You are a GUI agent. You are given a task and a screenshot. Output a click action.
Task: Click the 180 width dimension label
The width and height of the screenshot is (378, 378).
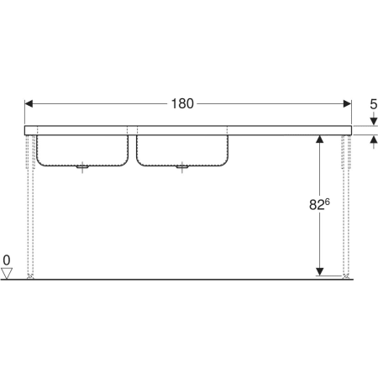point(182,103)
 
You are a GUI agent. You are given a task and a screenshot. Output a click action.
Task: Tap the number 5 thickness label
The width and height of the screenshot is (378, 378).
point(374,104)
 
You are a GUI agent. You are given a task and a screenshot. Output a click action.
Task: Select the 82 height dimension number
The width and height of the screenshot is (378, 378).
point(317,205)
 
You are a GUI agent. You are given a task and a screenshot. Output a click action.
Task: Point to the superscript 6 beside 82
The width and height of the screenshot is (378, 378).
point(328,202)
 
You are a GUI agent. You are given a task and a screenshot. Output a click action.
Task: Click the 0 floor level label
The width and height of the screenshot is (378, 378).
point(7,260)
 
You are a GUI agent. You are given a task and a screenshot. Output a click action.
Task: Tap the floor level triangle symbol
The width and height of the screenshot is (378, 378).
point(7,273)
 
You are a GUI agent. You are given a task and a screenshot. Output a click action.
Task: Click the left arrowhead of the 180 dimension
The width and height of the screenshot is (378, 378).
point(29,104)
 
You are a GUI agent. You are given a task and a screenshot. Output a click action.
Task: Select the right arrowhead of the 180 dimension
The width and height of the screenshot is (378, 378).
point(347,104)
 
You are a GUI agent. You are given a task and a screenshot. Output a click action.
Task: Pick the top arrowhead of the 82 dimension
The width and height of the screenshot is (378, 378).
point(320,139)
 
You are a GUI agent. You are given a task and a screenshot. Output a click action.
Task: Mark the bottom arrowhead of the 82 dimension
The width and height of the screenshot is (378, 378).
point(320,271)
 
